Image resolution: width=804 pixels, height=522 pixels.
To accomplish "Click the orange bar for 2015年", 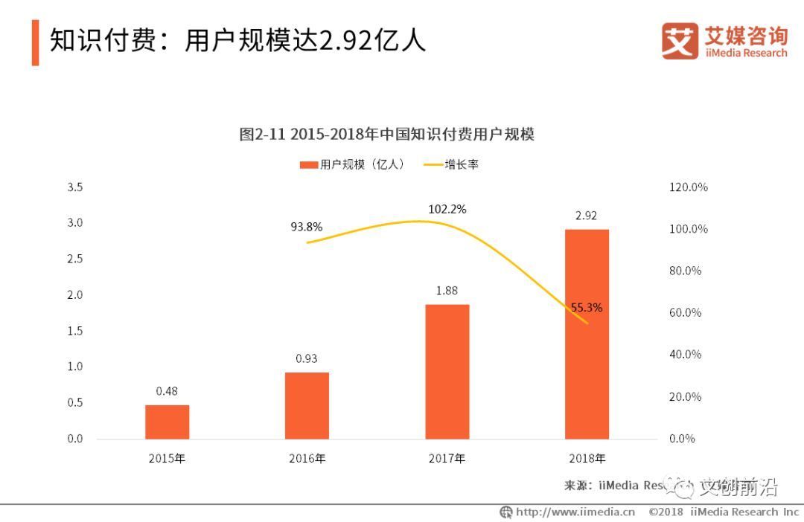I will click(x=167, y=422).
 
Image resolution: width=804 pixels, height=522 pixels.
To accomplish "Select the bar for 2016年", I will click(x=307, y=405).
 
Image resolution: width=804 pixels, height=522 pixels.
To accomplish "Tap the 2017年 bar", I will click(x=447, y=371).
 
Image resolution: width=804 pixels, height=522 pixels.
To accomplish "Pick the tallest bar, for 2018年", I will click(x=587, y=334).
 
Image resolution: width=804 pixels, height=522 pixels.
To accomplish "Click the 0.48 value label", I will click(x=167, y=391).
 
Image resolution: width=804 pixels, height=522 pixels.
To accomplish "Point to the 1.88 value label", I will click(x=447, y=291).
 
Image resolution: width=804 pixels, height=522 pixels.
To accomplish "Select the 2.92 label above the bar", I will click(x=587, y=216).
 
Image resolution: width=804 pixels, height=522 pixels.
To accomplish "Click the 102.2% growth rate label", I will click(x=447, y=210).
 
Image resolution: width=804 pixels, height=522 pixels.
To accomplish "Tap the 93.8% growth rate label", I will click(x=306, y=228).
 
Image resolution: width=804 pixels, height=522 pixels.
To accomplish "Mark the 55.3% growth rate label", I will click(x=587, y=307).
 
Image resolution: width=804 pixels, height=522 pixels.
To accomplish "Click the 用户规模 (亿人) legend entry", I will click(x=352, y=164).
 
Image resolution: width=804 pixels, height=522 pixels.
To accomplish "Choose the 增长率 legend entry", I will click(x=453, y=164).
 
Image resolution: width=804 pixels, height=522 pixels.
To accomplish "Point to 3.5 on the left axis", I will click(x=75, y=187).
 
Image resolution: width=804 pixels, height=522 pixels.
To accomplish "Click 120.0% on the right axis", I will click(x=689, y=187).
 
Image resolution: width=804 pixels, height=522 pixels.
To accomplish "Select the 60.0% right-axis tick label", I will click(x=686, y=313).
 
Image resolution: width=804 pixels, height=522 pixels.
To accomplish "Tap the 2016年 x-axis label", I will click(x=307, y=459).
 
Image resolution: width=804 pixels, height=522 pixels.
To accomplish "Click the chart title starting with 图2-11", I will click(x=387, y=135).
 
